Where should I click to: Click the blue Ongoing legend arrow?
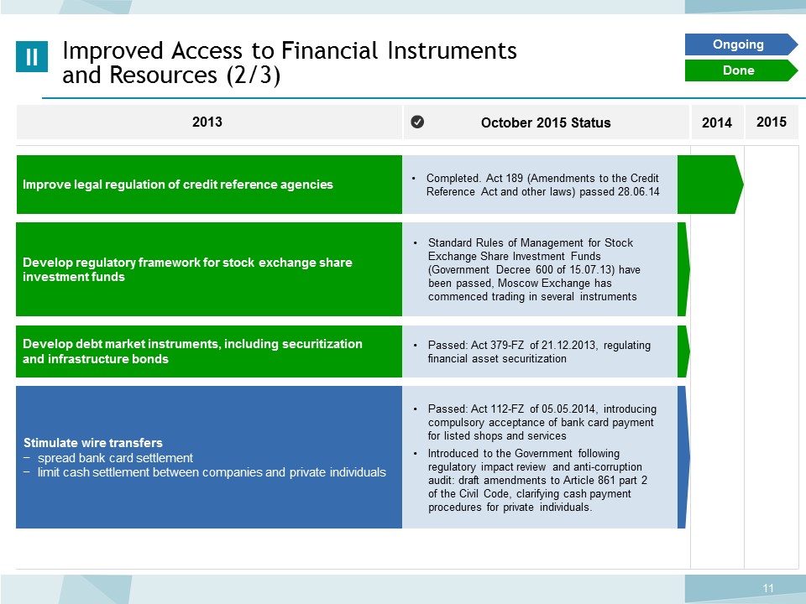pos(741,44)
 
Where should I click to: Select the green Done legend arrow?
pos(741,70)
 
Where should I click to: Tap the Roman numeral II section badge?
pos(32,56)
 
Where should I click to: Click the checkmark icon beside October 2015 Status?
pos(417,122)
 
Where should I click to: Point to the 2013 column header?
pos(207,122)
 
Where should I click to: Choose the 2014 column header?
pos(716,122)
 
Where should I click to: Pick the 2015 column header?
pos(771,122)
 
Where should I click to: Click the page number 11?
pos(768,588)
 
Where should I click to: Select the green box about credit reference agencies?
pos(209,185)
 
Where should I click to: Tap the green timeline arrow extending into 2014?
pos(710,185)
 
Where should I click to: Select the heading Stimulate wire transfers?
pos(93,443)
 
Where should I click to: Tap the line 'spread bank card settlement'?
pos(115,458)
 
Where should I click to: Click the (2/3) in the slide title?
pos(254,75)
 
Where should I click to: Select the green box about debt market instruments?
pos(209,351)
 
